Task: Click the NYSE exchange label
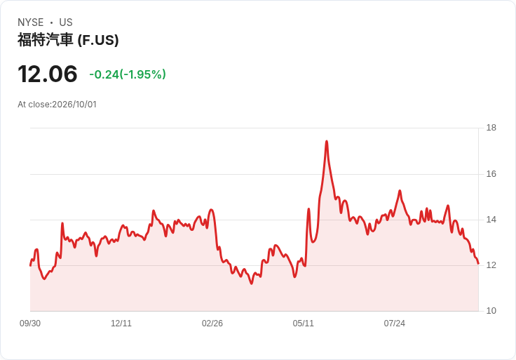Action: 31,22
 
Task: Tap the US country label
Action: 66,22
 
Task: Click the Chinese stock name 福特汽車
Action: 45,40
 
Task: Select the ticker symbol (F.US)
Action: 98,40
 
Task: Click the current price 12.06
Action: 48,74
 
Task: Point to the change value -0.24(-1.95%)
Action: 128,74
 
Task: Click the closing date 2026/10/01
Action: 74,105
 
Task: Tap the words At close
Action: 34,105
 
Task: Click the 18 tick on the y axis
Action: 491,128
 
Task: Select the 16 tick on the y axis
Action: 491,174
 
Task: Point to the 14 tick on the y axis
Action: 491,220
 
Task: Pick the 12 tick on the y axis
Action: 491,265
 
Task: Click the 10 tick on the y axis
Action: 491,311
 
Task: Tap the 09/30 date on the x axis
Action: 30,324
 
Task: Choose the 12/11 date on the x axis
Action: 121,324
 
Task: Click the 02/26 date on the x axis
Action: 212,324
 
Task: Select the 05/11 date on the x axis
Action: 304,324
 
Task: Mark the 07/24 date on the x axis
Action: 394,324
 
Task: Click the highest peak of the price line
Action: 327,141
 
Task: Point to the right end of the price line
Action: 478,263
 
